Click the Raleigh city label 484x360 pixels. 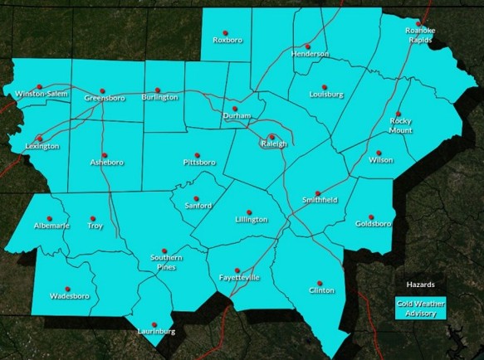pos(273,144)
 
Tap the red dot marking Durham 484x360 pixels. pos(235,109)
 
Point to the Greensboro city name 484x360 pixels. pos(104,99)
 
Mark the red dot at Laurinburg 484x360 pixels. pos(154,324)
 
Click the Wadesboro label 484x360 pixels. pos(69,295)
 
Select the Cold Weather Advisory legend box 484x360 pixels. pos(420,308)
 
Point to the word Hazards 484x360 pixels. pos(420,284)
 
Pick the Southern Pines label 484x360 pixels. pos(166,262)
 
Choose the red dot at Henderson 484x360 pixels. pos(308,46)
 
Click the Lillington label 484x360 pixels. pos(251,220)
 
